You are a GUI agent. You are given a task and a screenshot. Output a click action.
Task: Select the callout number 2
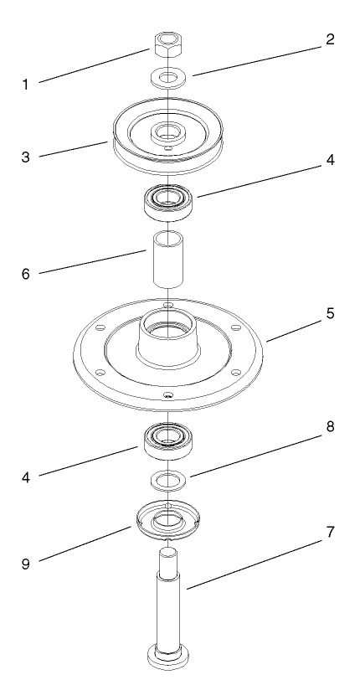coord(330,39)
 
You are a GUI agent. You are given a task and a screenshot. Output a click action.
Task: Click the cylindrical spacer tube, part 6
coord(167,263)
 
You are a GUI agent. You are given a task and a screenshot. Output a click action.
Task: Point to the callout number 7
coord(330,533)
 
